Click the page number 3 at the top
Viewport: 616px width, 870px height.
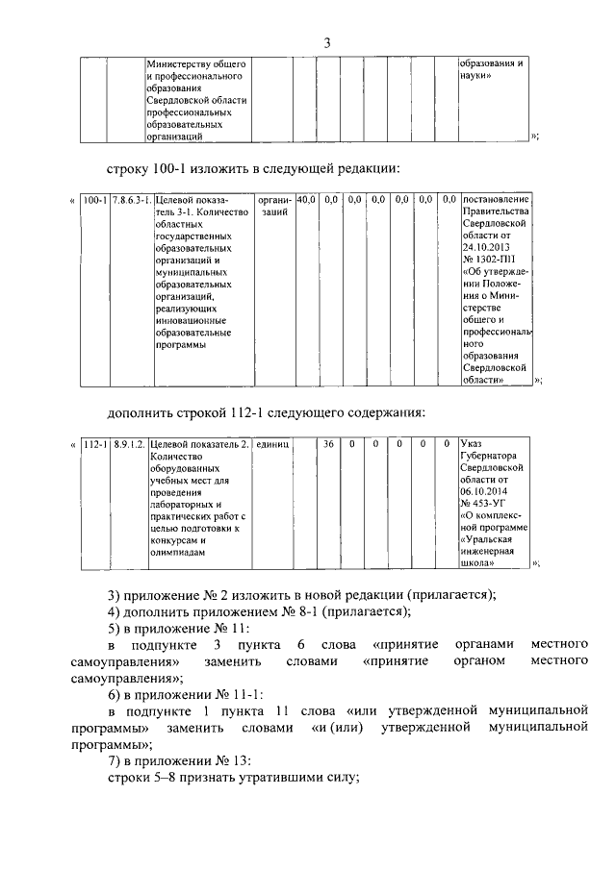coord(326,42)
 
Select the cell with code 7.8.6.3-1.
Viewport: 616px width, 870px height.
coord(130,200)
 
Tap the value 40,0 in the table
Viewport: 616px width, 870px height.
coord(306,200)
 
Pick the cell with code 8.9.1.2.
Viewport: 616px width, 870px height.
coord(128,444)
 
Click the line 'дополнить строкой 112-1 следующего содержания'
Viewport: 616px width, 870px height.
coord(266,412)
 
